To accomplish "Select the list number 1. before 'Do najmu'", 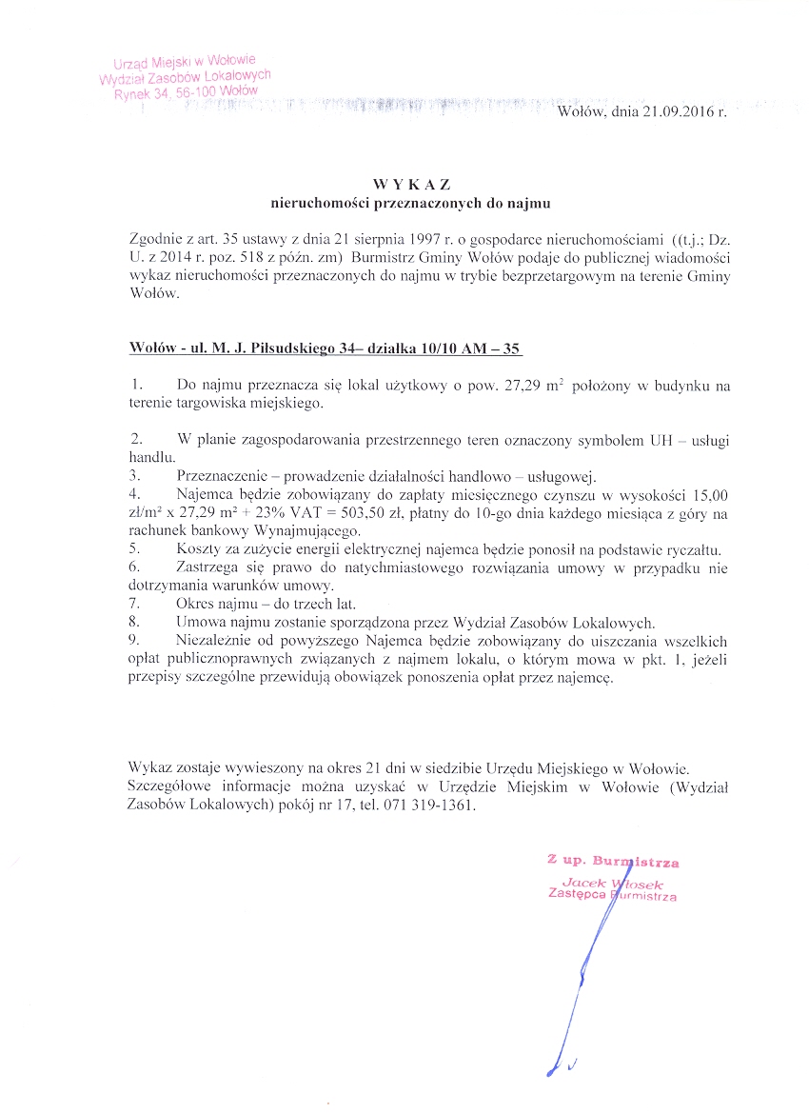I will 138,385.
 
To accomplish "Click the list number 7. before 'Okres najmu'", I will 134,605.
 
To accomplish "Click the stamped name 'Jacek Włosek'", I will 612,882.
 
